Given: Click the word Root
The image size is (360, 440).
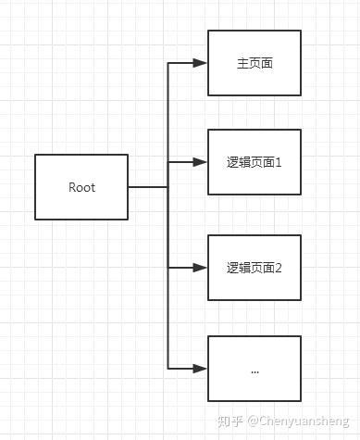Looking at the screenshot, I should pyautogui.click(x=81, y=187).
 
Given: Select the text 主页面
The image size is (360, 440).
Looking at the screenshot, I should pyautogui.click(x=254, y=64).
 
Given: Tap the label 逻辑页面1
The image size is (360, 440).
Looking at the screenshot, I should pyautogui.click(x=254, y=163).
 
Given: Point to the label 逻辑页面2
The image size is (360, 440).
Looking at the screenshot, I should pyautogui.click(x=254, y=269).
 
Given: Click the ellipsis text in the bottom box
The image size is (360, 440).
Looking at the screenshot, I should pyautogui.click(x=254, y=370).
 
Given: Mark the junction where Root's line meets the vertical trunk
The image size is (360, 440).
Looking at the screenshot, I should pyautogui.click(x=168, y=187).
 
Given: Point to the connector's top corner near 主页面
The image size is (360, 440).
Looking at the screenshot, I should pyautogui.click(x=168, y=64).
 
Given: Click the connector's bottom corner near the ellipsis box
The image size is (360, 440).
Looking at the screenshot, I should pyautogui.click(x=168, y=368).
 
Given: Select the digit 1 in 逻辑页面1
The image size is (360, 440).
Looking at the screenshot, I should pyautogui.click(x=278, y=163).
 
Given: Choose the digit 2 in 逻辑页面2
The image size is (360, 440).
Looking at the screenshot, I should pyautogui.click(x=278, y=269).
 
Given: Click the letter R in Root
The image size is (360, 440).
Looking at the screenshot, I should pyautogui.click(x=72, y=187).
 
